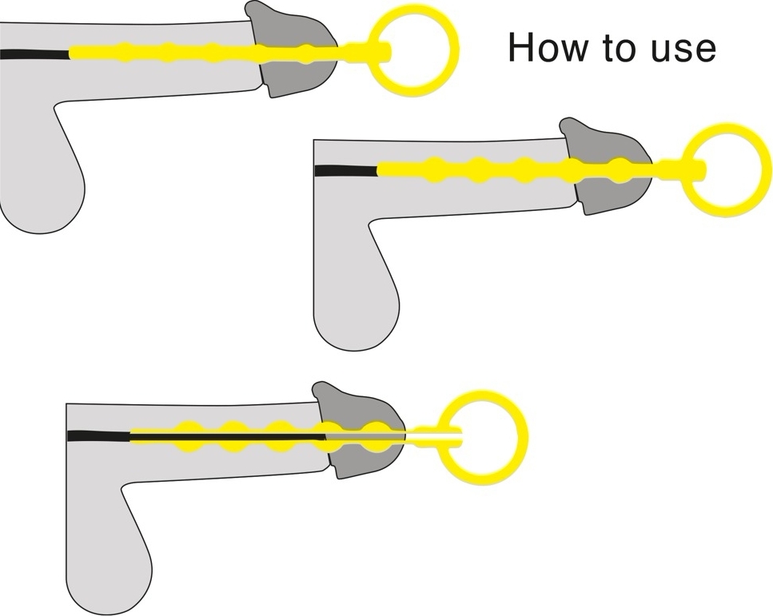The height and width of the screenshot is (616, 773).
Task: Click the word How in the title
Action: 548,47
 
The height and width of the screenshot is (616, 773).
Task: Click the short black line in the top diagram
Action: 34,54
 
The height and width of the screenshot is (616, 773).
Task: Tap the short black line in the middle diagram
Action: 346,170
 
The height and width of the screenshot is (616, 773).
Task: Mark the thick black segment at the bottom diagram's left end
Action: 98,436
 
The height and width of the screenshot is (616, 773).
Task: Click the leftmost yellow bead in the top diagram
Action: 122,52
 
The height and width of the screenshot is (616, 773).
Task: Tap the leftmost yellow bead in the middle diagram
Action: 434,170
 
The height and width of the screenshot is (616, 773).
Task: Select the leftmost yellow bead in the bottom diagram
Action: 187,436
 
